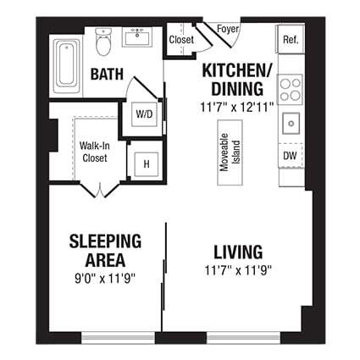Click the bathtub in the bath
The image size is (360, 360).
tap(65, 64)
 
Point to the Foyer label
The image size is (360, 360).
tap(227, 30)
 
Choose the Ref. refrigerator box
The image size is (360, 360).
tap(290, 40)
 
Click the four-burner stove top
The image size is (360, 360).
tap(290, 87)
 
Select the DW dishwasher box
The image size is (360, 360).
tap(290, 157)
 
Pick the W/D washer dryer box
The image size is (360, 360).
tap(142, 113)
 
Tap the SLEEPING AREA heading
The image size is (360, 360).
tap(105, 251)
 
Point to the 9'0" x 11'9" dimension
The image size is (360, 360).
tap(105, 277)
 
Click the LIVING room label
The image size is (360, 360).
tap(237, 252)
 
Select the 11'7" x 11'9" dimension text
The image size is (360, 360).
tap(237, 271)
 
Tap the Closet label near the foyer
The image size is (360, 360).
tap(180, 40)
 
